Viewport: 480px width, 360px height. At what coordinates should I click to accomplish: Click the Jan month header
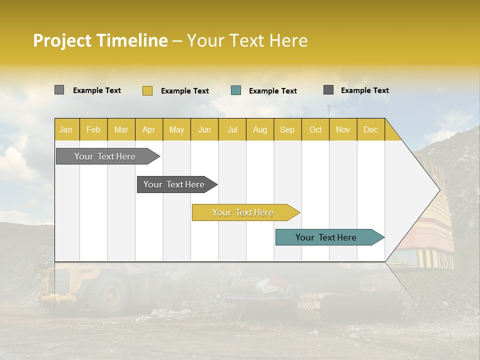coord(66,129)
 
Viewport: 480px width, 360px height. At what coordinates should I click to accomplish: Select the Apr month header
coord(148,129)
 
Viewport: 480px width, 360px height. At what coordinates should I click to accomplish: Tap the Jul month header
coord(232,129)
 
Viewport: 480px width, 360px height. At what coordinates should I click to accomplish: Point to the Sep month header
coord(287,129)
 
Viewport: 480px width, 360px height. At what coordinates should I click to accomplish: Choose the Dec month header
coord(370,129)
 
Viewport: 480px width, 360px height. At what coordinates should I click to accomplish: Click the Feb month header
coord(93,129)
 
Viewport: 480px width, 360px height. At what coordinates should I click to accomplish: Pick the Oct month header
coord(315,129)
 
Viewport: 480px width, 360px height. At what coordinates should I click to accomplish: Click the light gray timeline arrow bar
coord(105,156)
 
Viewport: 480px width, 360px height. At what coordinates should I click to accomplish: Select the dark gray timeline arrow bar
coord(174,184)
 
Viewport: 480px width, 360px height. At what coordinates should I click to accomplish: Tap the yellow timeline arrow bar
coord(243,212)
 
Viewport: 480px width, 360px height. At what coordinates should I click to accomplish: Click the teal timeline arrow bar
coord(326,237)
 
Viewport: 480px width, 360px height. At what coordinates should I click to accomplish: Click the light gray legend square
coord(59,90)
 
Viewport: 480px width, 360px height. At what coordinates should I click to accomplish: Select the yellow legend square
coord(147,90)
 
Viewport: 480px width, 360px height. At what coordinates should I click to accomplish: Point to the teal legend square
coord(236,90)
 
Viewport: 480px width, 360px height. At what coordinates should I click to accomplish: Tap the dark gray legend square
coord(328,90)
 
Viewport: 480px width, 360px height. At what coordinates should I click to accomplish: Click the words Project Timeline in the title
coord(100,40)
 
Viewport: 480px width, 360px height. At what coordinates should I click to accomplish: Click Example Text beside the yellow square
coord(184,91)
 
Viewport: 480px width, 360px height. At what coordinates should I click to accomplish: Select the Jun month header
coord(204,129)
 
